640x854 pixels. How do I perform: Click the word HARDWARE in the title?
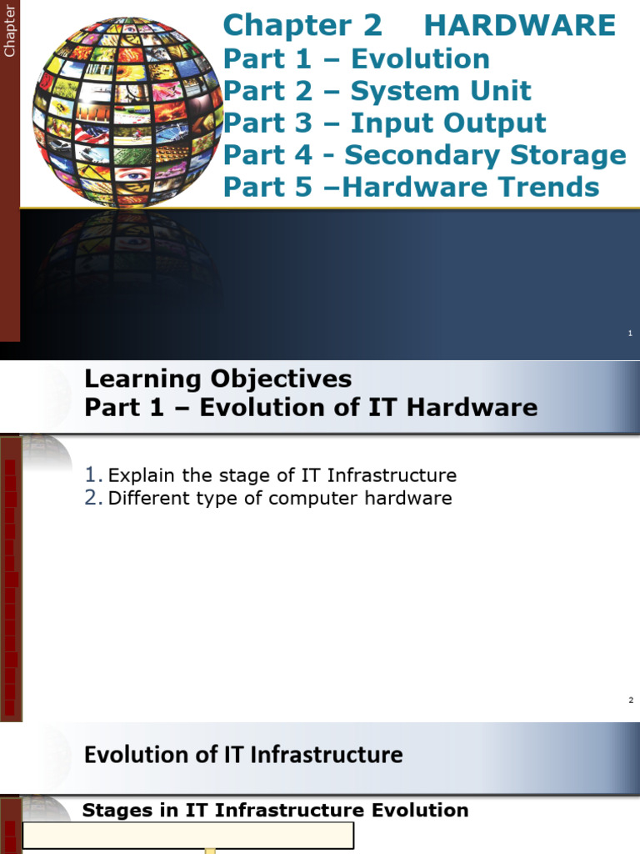click(x=520, y=26)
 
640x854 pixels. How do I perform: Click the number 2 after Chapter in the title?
click(x=372, y=26)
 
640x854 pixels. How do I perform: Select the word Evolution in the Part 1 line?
click(x=420, y=59)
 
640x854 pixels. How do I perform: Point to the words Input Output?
click(x=447, y=123)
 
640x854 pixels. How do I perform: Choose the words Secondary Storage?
click(x=485, y=155)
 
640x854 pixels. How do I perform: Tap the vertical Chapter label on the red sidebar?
click(x=10, y=32)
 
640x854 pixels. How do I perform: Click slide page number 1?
click(x=630, y=334)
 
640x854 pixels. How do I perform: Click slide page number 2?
click(x=631, y=700)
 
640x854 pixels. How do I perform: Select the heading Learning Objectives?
click(x=217, y=379)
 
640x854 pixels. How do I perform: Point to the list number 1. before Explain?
click(x=93, y=475)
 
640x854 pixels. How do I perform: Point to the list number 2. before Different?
click(x=93, y=499)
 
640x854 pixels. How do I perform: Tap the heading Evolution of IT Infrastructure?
click(x=243, y=756)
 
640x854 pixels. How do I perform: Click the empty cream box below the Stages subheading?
click(x=188, y=836)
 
